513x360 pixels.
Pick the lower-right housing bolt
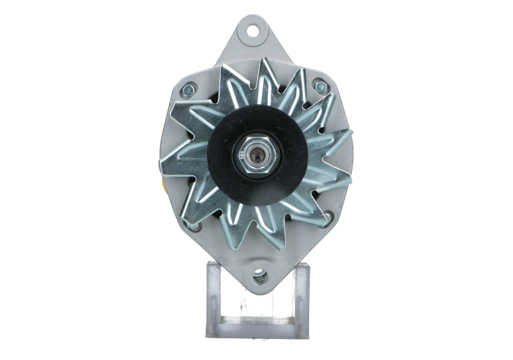(x=331, y=217)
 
